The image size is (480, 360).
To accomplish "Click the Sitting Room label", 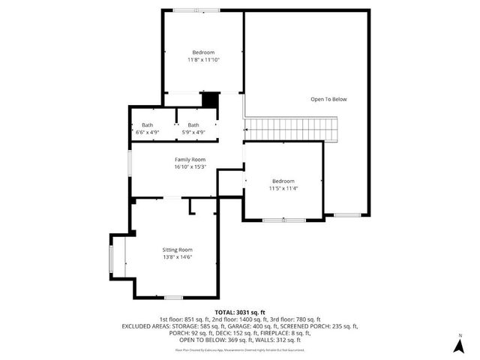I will [178, 249].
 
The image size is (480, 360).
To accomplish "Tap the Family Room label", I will [190, 160].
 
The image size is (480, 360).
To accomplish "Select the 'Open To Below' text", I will [329, 99].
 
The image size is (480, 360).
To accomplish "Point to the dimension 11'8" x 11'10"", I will [203, 59].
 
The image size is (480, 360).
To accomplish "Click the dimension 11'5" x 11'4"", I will [283, 188].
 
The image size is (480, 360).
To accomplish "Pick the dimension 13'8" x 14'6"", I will [178, 256].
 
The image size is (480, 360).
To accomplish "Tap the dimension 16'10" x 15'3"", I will [190, 166].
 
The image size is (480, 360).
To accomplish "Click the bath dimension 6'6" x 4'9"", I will [147, 132].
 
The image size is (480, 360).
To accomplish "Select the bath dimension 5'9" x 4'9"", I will [193, 132].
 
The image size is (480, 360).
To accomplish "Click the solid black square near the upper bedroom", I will [211, 100].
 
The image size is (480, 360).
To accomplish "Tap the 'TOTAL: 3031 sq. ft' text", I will [240, 311].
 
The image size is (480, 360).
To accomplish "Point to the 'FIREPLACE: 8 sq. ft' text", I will [283, 333].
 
